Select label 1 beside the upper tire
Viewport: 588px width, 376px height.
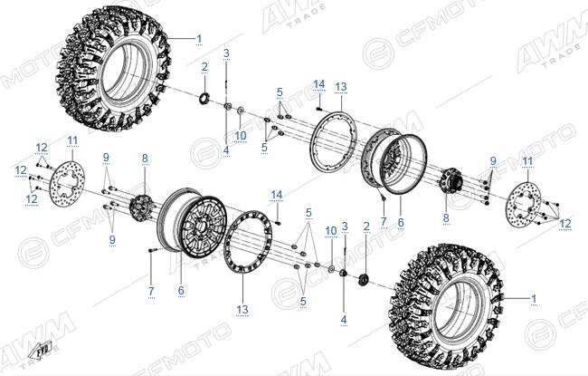click(x=199, y=39)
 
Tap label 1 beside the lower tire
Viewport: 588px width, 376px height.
click(x=534, y=299)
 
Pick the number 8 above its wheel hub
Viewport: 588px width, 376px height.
click(x=145, y=159)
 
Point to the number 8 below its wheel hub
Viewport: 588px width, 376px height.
click(x=446, y=217)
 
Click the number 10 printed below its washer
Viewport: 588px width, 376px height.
click(x=241, y=136)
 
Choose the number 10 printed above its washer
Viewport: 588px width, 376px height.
click(x=331, y=231)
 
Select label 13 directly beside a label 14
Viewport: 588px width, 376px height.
click(x=341, y=87)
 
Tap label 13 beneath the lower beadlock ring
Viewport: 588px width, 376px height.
click(x=242, y=310)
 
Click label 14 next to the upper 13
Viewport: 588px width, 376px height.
click(x=319, y=84)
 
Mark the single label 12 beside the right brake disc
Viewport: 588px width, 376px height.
click(x=565, y=224)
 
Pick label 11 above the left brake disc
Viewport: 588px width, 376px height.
click(x=72, y=140)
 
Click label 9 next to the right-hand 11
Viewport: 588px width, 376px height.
click(x=493, y=161)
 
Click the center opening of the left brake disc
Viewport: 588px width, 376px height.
click(x=68, y=183)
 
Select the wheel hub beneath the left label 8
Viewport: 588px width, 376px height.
click(x=139, y=205)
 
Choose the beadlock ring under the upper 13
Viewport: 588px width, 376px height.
click(x=334, y=140)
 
